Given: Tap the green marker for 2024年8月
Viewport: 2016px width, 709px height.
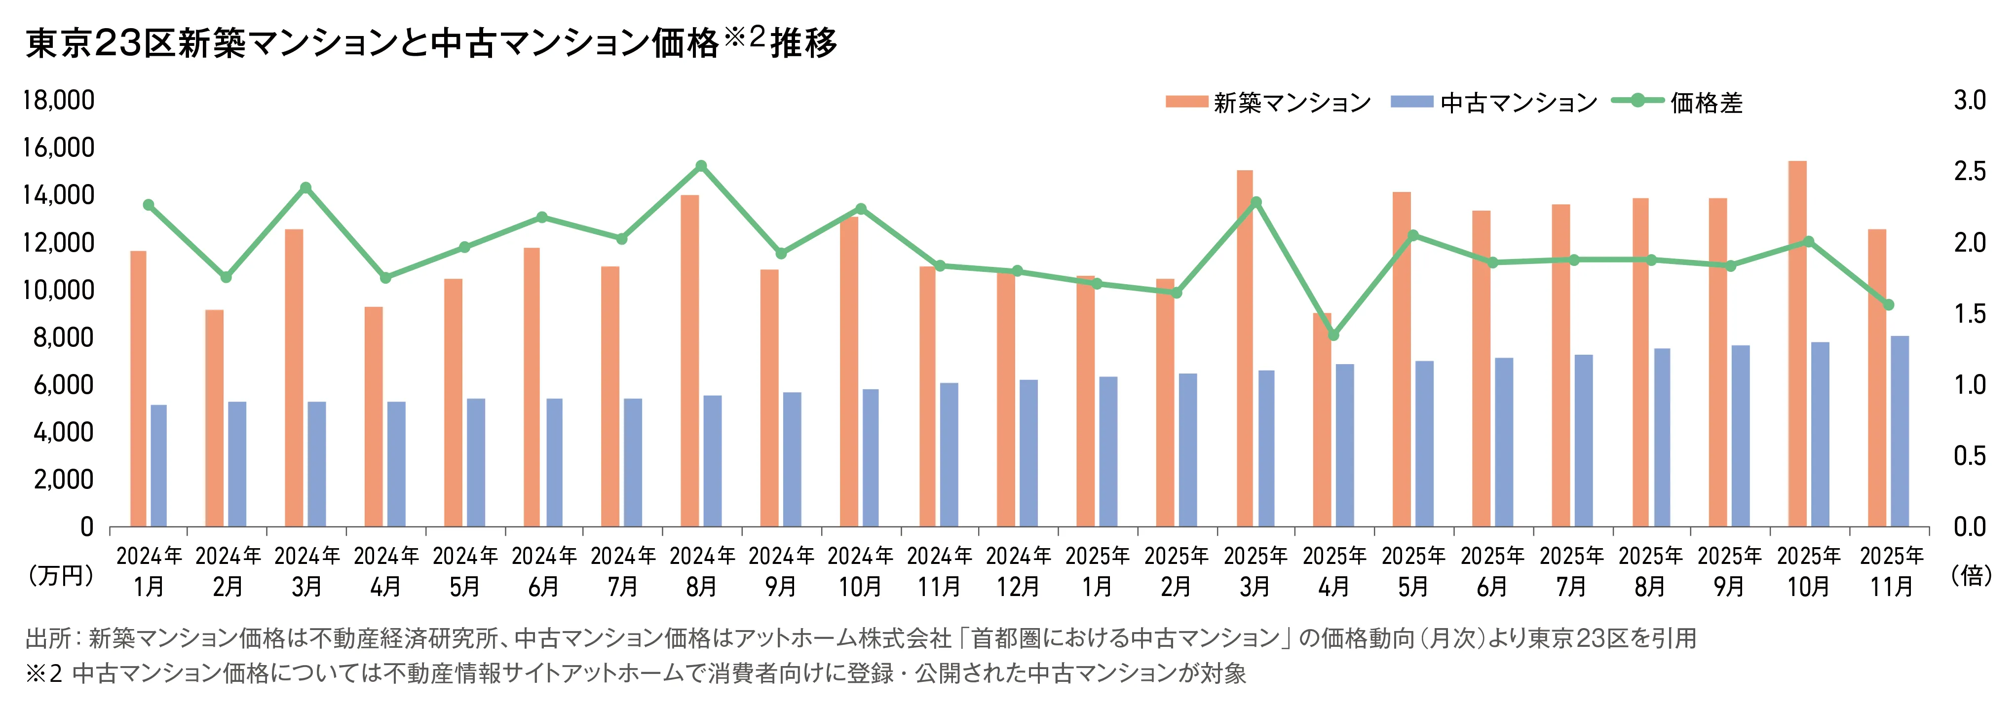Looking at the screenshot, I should coord(701,166).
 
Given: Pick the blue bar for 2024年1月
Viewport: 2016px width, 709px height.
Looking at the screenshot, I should coord(159,466).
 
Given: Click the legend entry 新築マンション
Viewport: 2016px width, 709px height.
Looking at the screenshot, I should coord(1268,103).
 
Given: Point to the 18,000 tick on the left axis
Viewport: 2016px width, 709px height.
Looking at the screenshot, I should coord(59,100).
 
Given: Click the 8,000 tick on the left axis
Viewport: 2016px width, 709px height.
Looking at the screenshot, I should coord(63,337).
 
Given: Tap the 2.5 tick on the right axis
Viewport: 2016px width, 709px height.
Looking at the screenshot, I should coord(1970,171).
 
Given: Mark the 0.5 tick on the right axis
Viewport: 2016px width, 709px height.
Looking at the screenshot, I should coord(1970,455).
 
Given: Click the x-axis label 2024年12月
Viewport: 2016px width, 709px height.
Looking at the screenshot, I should coord(1018,571).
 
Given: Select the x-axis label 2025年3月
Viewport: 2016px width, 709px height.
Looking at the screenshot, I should coord(1255,571).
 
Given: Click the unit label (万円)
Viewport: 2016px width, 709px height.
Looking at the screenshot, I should coord(61,576).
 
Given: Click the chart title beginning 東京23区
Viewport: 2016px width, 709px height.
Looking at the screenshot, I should coord(430,43).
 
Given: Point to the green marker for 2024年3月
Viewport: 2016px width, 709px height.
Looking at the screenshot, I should coord(306,188).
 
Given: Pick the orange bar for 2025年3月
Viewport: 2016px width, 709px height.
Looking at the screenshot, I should coord(1244,348).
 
